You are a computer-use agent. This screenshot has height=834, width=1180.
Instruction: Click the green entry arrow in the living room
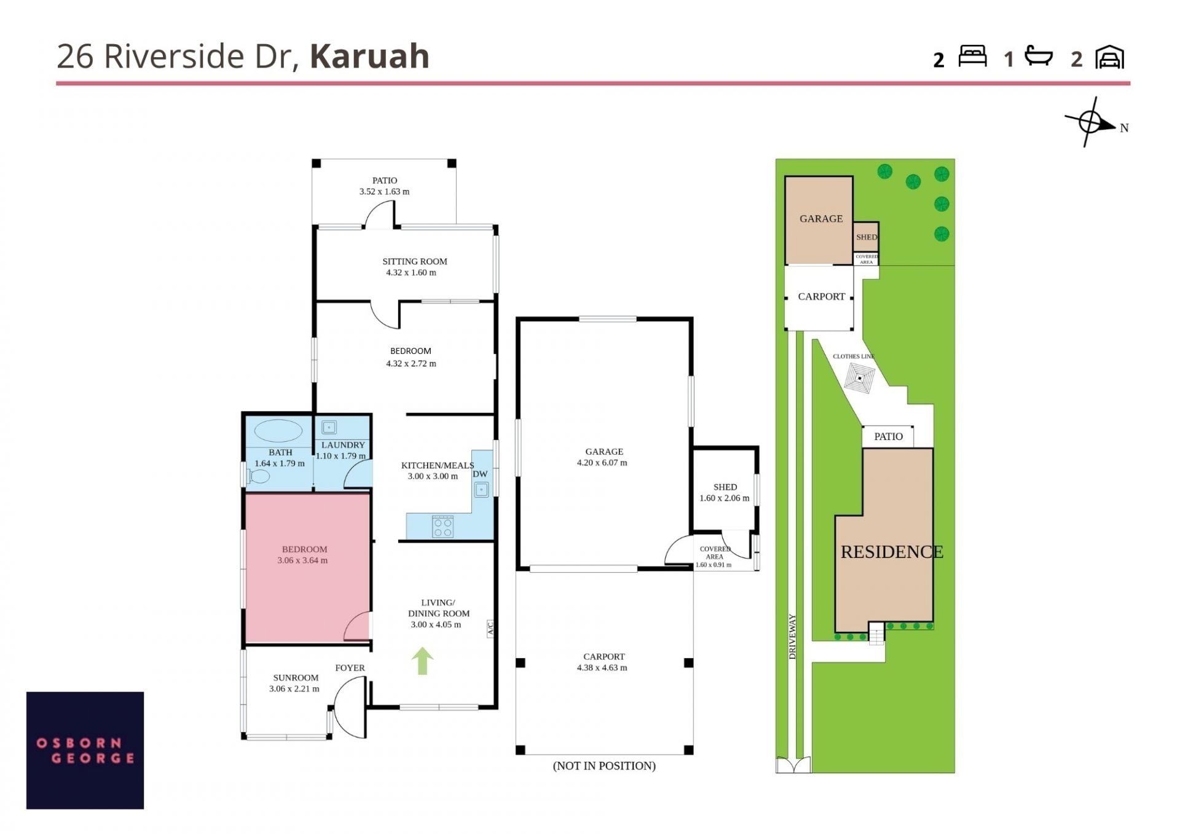[422, 661]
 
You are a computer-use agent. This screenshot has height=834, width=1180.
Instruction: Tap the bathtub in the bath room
[278, 431]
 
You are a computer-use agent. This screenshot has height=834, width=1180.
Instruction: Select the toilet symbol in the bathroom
[259, 476]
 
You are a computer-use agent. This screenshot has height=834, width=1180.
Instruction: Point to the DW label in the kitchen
[480, 474]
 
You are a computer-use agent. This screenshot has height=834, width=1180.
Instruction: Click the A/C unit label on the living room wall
[490, 628]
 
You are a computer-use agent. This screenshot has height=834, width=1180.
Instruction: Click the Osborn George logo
[85, 750]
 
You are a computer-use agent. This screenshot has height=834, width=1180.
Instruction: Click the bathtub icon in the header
[1039, 56]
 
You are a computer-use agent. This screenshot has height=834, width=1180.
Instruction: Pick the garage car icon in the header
[1110, 57]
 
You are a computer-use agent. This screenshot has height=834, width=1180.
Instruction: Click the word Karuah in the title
[369, 56]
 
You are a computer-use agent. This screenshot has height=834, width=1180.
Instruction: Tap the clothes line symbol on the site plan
[859, 377]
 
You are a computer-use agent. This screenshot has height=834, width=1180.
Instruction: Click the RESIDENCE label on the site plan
[892, 552]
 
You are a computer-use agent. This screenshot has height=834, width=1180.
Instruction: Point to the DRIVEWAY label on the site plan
[793, 637]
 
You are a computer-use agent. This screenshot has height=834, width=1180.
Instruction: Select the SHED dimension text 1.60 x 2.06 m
[725, 498]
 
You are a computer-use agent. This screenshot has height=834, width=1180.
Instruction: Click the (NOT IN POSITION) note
[604, 766]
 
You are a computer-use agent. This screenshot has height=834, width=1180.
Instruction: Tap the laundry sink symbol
[329, 427]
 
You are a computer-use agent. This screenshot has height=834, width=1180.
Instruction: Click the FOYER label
[350, 668]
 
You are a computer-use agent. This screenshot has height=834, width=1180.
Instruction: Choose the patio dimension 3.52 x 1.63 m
[385, 192]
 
